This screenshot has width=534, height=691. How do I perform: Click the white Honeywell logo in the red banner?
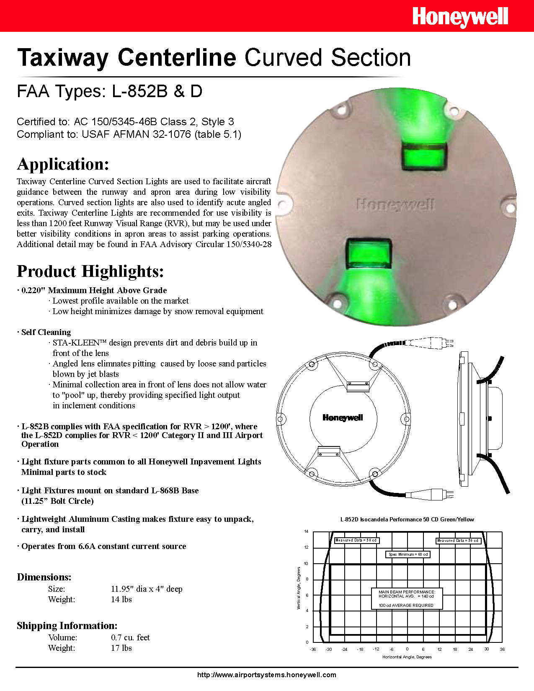[460, 17]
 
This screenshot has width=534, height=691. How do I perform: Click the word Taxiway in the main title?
[63, 58]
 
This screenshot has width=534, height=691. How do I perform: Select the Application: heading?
[63, 164]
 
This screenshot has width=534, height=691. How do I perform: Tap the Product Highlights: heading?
[90, 271]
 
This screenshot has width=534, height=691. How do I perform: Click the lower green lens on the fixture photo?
[368, 253]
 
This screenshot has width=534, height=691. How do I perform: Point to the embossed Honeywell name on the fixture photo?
[395, 205]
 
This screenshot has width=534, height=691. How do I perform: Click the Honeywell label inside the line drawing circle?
[343, 418]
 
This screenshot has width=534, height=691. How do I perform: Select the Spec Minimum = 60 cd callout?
[408, 554]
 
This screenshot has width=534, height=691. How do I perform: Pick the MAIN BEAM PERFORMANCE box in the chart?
[406, 598]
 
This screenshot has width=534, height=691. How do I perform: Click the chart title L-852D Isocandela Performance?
[407, 519]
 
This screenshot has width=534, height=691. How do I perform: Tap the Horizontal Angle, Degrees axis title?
[407, 657]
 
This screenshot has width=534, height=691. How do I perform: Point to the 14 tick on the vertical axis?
[306, 531]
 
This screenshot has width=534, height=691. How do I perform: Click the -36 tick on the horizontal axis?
[312, 650]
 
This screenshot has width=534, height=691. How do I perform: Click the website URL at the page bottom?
[266, 675]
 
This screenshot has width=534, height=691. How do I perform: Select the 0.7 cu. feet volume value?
[130, 637]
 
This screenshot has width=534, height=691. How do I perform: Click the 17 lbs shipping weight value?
[121, 648]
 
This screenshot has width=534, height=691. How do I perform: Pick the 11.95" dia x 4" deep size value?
[147, 589]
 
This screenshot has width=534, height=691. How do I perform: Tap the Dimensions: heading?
[44, 577]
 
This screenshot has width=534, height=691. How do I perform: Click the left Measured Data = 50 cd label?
[356, 540]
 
